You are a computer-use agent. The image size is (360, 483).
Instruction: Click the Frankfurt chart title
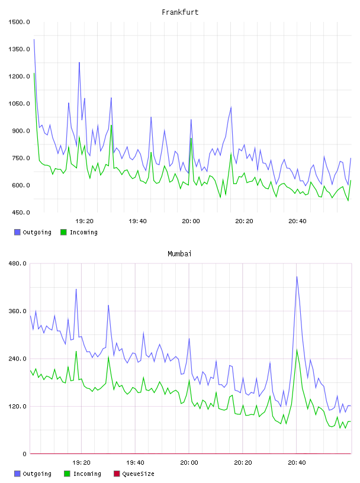click(x=180, y=12)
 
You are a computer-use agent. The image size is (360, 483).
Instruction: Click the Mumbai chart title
click(x=179, y=254)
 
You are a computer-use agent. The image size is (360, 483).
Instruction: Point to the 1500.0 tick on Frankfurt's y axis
click(x=19, y=22)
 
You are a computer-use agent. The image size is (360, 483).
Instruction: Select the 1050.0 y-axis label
click(x=19, y=104)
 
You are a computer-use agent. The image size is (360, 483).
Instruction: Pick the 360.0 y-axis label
click(x=18, y=311)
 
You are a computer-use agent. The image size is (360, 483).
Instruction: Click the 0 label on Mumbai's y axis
click(x=25, y=454)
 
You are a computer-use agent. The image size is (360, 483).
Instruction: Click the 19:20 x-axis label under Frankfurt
click(x=85, y=221)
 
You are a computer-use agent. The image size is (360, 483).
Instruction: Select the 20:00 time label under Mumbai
click(x=189, y=463)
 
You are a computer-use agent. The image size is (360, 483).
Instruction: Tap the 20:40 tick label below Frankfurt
click(x=297, y=221)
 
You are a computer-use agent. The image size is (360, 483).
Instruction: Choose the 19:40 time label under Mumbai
click(x=136, y=463)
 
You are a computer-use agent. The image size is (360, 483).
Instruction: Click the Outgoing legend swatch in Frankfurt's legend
click(x=17, y=232)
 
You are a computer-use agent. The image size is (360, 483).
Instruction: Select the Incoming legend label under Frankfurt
click(x=83, y=233)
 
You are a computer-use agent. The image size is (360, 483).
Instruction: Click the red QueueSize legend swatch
click(x=117, y=474)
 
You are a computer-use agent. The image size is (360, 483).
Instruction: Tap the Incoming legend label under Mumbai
click(x=87, y=474)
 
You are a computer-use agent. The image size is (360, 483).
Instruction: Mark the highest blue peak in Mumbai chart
click(x=297, y=276)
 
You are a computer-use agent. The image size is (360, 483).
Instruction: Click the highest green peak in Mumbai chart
click(x=297, y=350)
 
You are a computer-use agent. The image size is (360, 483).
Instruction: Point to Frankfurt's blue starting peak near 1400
click(x=34, y=39)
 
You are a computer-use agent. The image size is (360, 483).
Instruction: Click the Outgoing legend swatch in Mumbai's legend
click(x=17, y=474)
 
